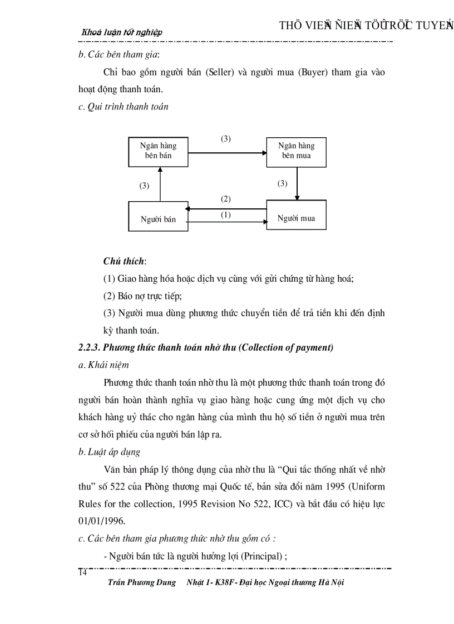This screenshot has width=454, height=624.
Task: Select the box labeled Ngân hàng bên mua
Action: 296,151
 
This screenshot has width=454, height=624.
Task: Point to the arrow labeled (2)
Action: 227,208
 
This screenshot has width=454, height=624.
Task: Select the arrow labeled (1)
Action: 227,222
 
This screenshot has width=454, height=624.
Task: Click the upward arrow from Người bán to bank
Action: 160,184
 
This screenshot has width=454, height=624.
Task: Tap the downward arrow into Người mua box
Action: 297,183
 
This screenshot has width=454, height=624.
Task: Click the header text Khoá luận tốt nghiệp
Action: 122,32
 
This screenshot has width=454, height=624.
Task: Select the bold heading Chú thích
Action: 124,261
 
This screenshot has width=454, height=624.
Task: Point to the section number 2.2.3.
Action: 89,348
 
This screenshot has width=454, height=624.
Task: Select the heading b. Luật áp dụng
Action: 110,452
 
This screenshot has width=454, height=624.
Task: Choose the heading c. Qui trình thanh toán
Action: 124,107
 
